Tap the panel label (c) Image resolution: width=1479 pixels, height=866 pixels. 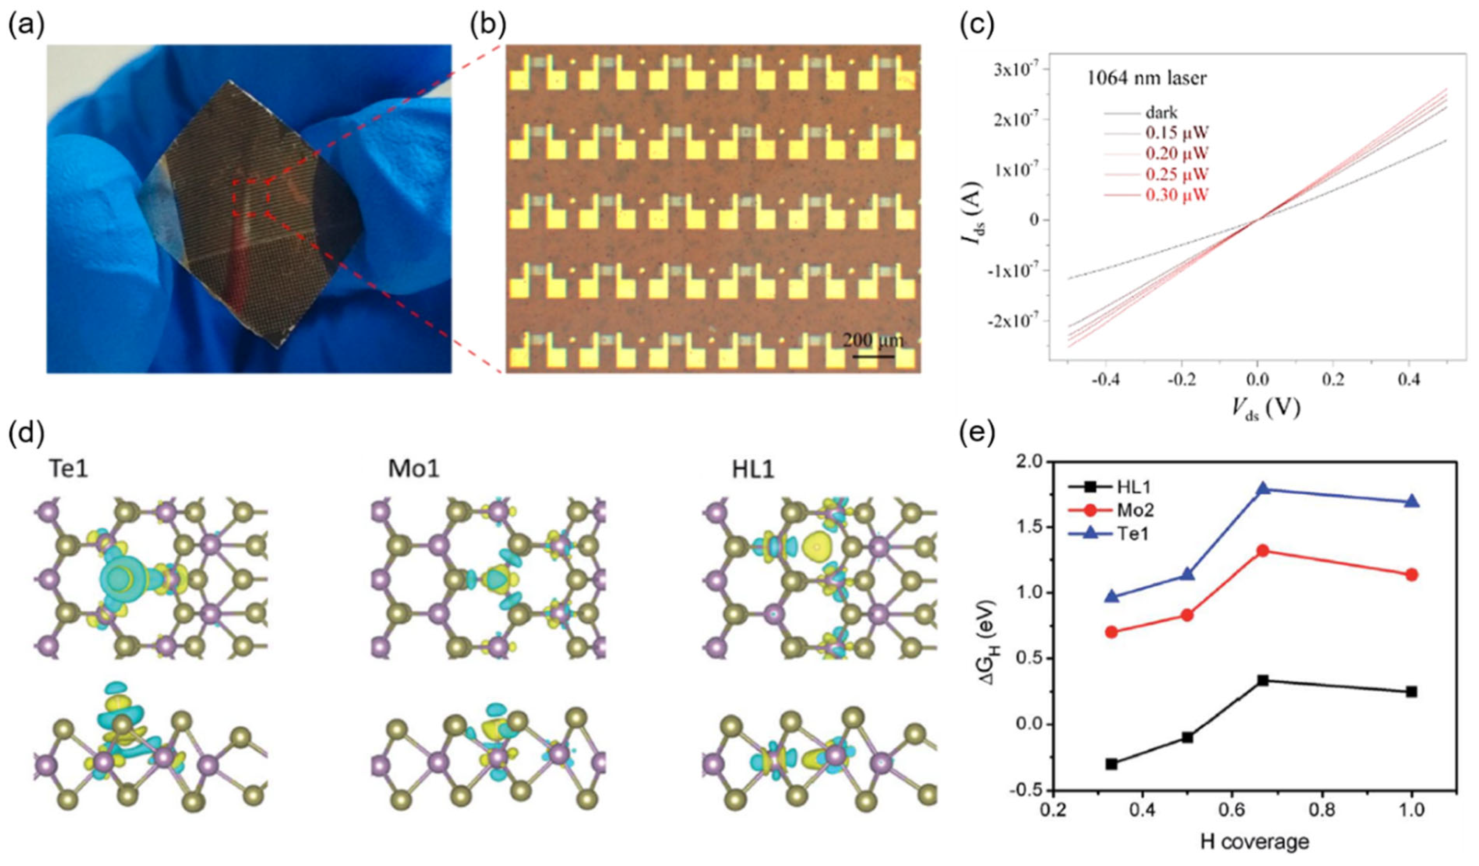977,26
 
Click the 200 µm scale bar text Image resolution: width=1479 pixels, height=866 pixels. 874,340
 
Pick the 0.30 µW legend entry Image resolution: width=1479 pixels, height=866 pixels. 1177,195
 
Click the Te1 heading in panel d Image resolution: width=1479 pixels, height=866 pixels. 69,470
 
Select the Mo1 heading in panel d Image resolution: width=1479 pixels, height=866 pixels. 414,470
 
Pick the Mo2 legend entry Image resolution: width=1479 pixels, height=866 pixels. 1133,510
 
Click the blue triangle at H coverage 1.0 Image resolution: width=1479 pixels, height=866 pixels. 1412,502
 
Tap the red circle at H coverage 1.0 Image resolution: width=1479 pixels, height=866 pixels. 1412,575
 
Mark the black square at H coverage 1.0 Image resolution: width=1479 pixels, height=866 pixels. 1412,692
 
